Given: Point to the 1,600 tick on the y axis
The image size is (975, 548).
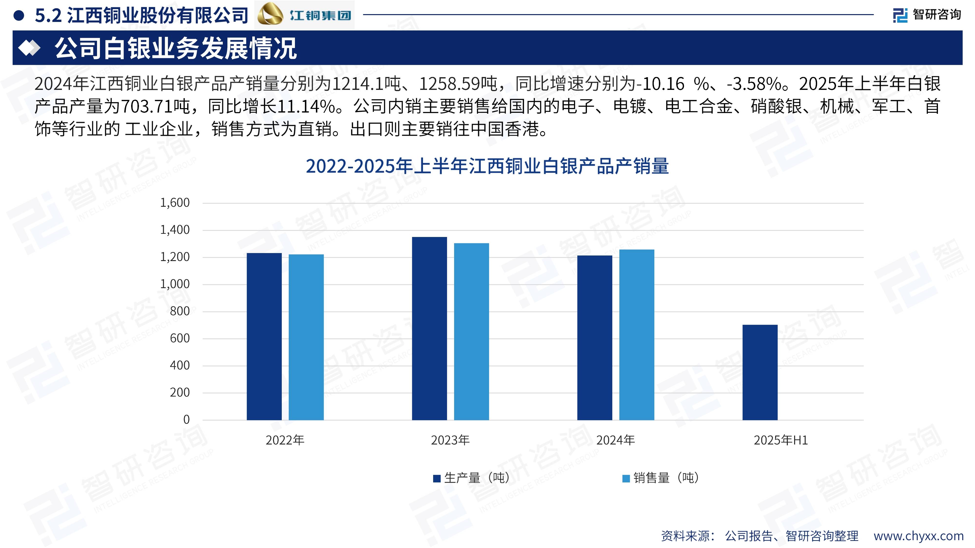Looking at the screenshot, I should (x=175, y=203).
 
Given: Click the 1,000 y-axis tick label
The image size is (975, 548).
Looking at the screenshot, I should (x=175, y=284).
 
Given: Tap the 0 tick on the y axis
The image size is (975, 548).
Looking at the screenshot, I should (x=186, y=419).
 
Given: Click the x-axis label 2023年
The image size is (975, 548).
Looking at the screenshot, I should (x=450, y=440).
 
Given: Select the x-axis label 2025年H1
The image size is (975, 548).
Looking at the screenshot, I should (x=780, y=440).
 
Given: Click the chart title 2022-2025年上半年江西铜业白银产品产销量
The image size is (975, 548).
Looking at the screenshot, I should (x=487, y=166).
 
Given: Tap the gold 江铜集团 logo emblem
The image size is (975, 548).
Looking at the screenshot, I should (x=270, y=14).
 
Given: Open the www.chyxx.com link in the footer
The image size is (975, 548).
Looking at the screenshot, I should (x=918, y=536).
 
